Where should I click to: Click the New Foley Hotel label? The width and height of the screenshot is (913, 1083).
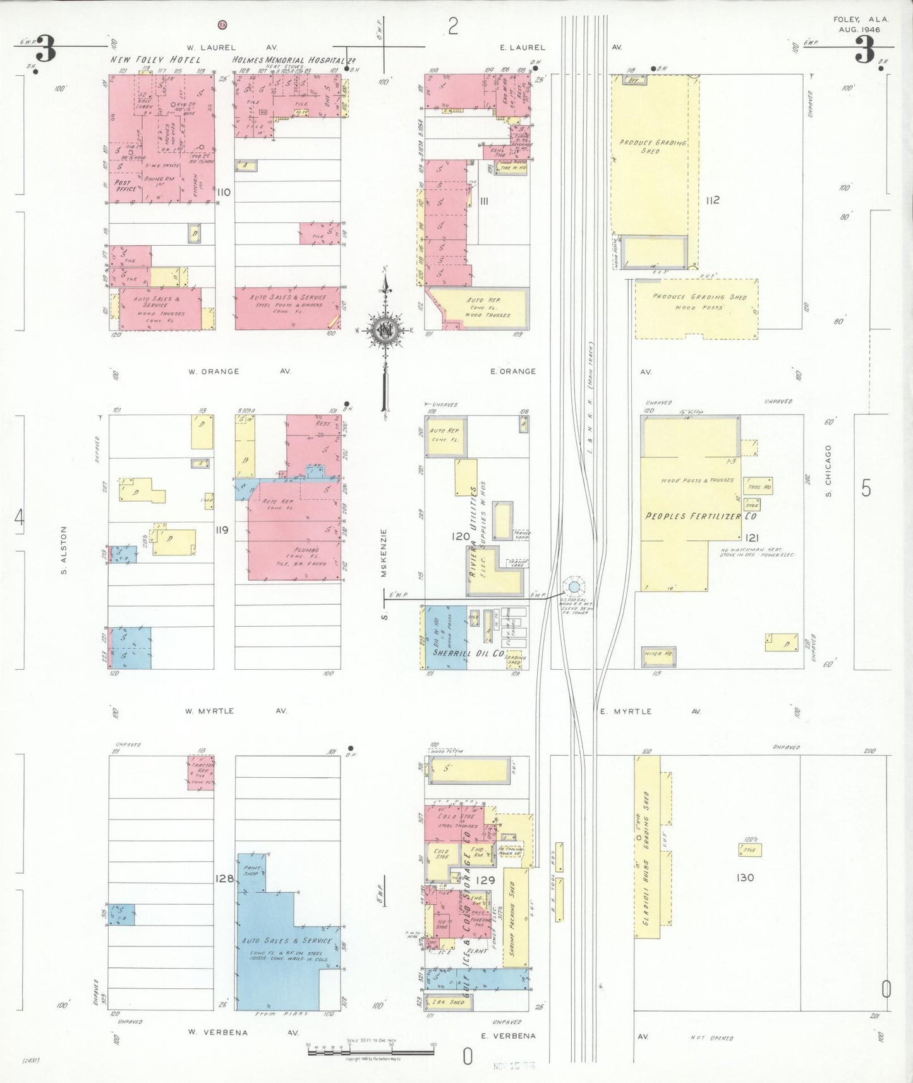(155, 59)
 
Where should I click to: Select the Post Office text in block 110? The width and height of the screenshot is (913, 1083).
(125, 185)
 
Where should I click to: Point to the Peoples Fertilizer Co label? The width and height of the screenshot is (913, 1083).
(700, 516)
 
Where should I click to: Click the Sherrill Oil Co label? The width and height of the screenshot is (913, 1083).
(468, 653)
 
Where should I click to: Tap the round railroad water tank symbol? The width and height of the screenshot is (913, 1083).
(574, 588)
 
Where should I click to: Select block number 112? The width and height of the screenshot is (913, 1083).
(713, 200)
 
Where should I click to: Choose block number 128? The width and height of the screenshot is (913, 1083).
(224, 878)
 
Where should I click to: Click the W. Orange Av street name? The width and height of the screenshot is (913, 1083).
(239, 372)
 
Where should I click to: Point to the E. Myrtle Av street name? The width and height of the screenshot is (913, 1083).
(650, 711)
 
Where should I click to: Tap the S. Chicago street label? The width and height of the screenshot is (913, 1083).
(828, 471)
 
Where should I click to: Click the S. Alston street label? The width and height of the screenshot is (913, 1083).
(64, 550)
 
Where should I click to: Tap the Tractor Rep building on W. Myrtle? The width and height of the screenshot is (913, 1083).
(201, 772)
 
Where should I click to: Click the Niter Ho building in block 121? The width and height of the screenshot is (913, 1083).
(658, 655)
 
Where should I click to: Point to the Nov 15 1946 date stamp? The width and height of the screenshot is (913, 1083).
(514, 1066)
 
